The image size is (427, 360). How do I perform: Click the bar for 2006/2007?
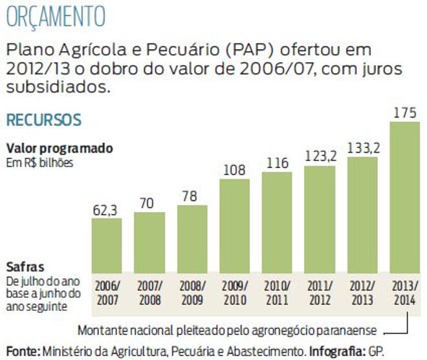(106, 246)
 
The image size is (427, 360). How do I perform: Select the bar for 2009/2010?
(234, 226)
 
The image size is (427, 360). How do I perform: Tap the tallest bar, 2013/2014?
(406, 197)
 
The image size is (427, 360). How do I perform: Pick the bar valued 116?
(277, 222)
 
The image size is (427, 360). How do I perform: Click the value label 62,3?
(106, 209)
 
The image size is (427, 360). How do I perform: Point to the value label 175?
(406, 113)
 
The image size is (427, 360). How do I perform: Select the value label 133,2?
(362, 148)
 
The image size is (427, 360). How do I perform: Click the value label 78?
(192, 196)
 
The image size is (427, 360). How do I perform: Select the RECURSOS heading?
(43, 120)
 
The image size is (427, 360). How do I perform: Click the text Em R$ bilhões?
(39, 162)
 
